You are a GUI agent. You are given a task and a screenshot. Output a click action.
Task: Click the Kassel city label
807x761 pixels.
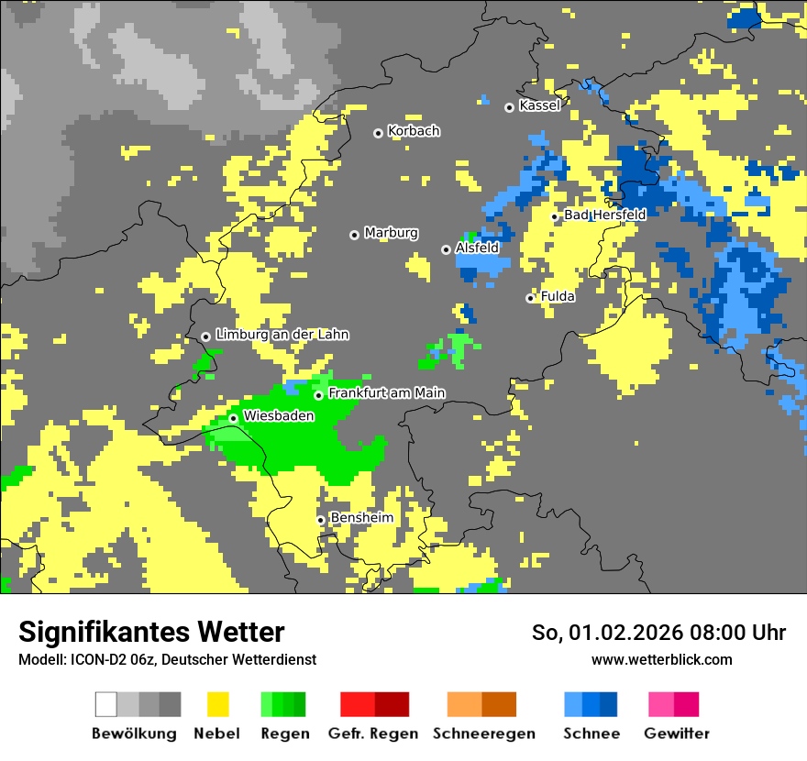[539, 106]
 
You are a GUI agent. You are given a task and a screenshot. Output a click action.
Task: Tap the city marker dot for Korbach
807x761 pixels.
[378, 134]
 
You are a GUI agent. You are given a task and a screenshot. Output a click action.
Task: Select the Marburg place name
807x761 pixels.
[391, 233]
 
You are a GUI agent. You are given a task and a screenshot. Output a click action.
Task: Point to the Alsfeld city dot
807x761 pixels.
[446, 249]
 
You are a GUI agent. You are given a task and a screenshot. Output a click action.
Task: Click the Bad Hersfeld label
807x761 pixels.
[604, 215]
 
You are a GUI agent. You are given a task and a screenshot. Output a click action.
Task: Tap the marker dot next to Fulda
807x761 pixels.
[530, 298]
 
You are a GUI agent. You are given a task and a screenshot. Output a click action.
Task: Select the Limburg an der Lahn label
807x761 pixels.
[282, 335]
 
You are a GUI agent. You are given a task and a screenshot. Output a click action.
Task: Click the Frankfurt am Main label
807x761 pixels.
[386, 393]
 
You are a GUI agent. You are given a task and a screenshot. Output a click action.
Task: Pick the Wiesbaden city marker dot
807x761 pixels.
[233, 419]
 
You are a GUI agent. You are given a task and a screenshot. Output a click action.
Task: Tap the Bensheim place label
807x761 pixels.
[361, 518]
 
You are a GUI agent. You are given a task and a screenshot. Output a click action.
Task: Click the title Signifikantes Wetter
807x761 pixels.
[151, 632]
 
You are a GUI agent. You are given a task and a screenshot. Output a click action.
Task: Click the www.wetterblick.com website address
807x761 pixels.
[661, 659]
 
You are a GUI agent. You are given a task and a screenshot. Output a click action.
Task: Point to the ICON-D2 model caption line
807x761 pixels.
[167, 659]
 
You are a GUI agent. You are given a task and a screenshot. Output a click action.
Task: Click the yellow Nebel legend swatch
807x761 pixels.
[217, 704]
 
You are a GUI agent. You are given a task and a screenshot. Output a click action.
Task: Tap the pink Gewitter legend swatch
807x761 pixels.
[661, 704]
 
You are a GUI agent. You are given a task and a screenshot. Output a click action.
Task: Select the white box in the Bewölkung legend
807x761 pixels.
[106, 704]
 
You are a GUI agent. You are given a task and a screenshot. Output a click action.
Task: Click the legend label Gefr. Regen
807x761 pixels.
[373, 733]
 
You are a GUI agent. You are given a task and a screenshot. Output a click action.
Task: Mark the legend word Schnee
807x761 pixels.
[591, 733]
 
